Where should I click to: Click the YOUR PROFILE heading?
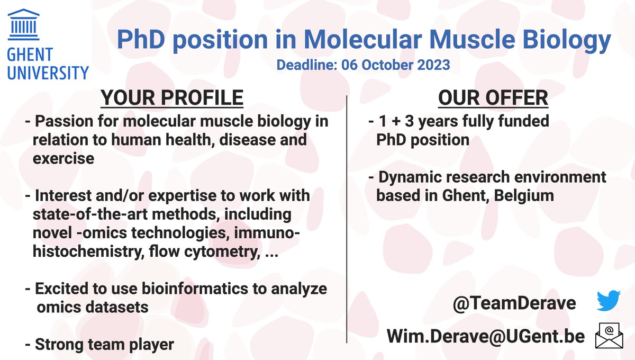[x=172, y=98]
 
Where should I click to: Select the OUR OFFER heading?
[x=493, y=98]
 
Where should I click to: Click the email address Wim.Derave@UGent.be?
[x=486, y=336]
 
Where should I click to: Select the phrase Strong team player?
[x=104, y=345]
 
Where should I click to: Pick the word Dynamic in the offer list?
[x=410, y=176]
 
